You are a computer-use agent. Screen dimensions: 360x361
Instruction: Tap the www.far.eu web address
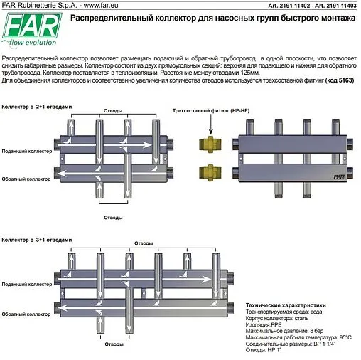tap(95, 6)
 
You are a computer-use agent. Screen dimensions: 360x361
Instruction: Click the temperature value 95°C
tap(345, 336)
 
